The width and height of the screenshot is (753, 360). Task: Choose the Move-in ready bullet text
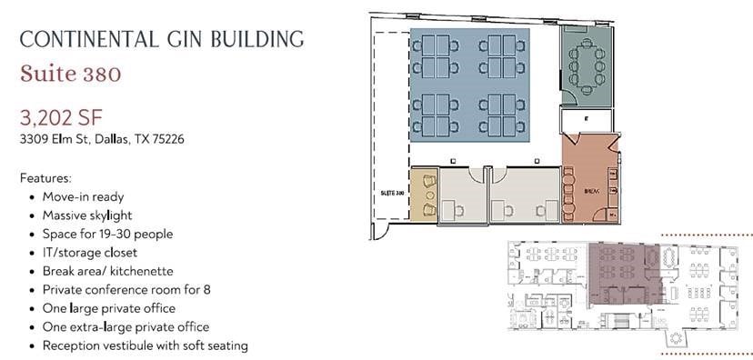coord(83,196)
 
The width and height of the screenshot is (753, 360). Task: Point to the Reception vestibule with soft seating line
coord(146,345)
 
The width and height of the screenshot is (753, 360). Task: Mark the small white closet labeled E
coord(586,119)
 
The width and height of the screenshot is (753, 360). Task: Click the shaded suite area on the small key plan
coord(623,273)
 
